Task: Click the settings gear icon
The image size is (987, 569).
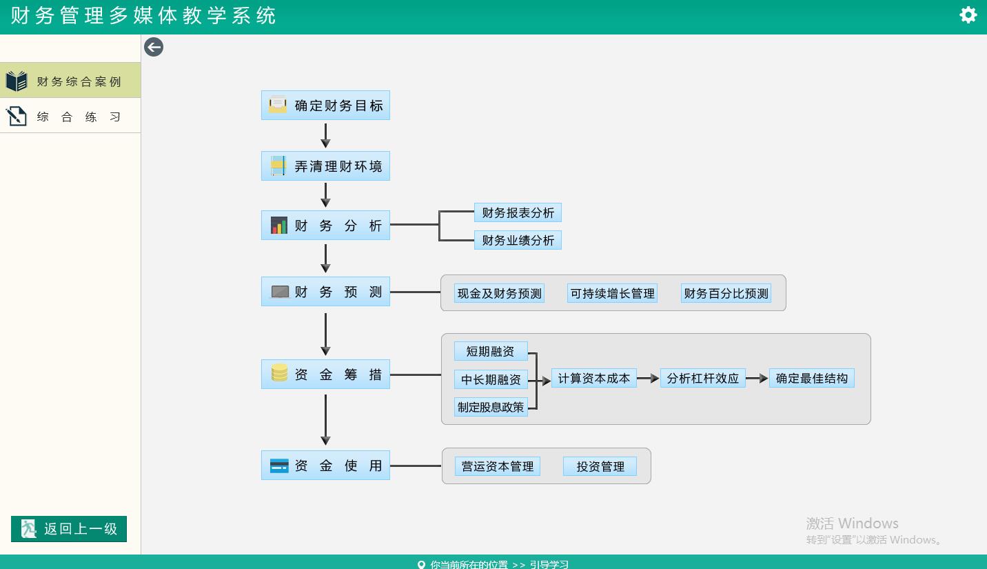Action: click(968, 15)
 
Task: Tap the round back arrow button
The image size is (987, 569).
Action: click(154, 47)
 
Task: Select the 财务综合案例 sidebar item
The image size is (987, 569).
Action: click(70, 80)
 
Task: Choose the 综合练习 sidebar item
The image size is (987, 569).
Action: click(70, 116)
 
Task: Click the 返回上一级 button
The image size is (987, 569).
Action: click(69, 528)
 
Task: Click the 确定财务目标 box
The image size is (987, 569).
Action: click(325, 106)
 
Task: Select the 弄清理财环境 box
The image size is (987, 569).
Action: click(325, 166)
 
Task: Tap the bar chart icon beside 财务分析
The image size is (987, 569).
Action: click(279, 226)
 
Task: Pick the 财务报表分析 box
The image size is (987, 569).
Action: click(518, 213)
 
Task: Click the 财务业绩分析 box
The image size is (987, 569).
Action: click(518, 240)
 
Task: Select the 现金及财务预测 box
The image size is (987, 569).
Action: click(499, 294)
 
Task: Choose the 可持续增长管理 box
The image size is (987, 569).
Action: click(612, 294)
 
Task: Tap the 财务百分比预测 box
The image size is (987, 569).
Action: click(726, 294)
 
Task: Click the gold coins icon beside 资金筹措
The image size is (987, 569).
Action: click(279, 373)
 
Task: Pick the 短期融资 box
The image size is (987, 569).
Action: click(491, 351)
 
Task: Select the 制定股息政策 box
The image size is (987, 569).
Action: click(491, 407)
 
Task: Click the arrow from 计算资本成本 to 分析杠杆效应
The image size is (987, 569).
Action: click(648, 378)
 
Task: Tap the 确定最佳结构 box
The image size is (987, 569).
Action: click(812, 378)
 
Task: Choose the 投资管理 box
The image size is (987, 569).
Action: click(600, 466)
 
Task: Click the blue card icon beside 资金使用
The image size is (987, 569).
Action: click(279, 466)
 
